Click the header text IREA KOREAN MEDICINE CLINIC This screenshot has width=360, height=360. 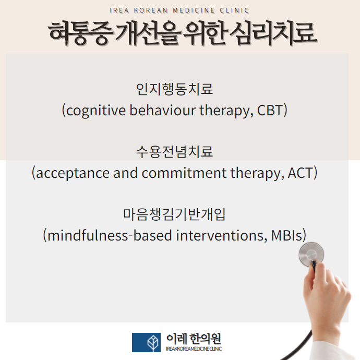coord(180,10)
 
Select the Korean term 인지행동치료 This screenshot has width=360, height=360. coord(174,89)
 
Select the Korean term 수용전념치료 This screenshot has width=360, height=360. coord(174,152)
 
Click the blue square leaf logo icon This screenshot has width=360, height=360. coord(147,342)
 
